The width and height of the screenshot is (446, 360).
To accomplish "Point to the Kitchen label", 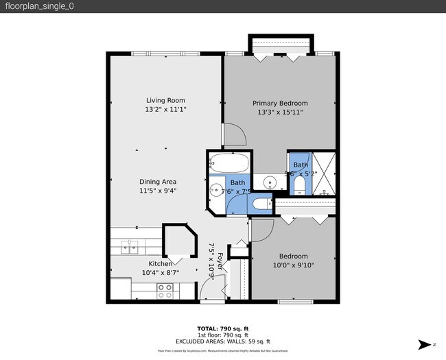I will coord(161,264).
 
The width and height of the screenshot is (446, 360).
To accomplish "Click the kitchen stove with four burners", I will coord(165,291).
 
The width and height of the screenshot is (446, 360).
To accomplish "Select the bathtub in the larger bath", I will coord(229,165).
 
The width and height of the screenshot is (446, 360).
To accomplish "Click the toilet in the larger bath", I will coord(261,204).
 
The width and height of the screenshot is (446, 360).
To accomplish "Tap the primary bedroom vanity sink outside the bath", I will coord(269,182).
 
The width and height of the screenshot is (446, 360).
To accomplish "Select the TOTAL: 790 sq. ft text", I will coord(223,328).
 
